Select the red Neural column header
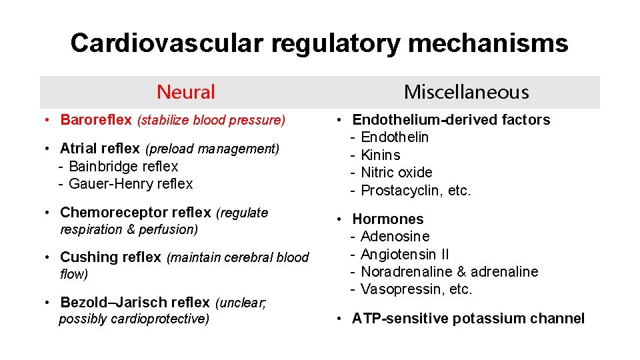[186, 92]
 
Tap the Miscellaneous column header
[466, 92]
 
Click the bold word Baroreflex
[96, 120]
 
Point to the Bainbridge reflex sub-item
[123, 166]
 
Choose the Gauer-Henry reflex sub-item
[130, 183]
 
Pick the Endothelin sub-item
[395, 137]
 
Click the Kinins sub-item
[381, 155]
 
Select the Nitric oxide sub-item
[397, 173]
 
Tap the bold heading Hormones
[388, 219]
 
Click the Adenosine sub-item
[395, 237]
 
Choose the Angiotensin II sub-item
[405, 254]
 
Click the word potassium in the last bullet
[486, 319]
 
